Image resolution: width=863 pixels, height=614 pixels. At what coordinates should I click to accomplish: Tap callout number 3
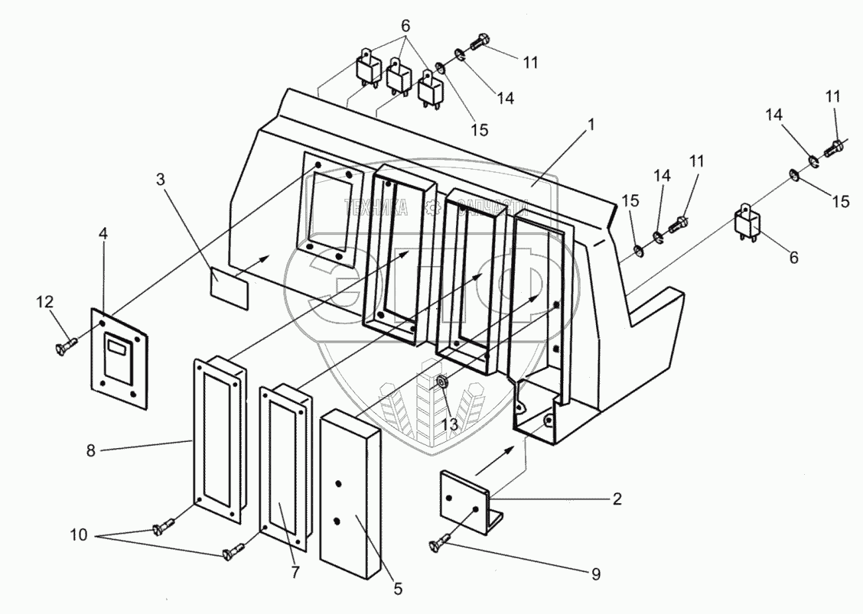pos(159,180)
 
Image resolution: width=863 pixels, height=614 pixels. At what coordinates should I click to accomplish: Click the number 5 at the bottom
pos(398,589)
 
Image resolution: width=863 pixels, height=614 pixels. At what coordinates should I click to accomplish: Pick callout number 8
pos(92,452)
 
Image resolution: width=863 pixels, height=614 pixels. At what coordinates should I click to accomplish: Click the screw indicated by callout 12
pos(66,346)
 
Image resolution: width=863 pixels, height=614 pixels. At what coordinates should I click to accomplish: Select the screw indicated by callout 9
pos(441,544)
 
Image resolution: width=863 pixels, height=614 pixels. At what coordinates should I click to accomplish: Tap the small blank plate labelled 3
pos(230,290)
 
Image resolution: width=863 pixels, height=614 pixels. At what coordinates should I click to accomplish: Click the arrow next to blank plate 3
pos(256,264)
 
